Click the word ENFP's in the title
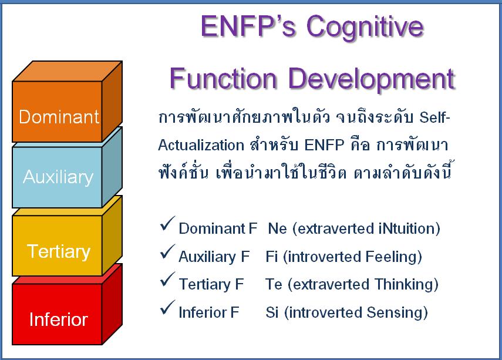coord(248,26)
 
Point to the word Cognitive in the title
coord(365,28)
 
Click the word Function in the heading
coord(223,79)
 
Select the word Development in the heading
coord(372,80)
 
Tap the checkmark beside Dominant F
coord(167,224)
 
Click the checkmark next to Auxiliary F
coord(167,252)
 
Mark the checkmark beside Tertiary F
coord(167,280)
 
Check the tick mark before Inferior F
coord(167,308)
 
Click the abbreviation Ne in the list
coord(277,228)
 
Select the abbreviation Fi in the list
coord(271,257)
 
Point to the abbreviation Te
coord(274,284)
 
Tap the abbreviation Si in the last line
coord(272,312)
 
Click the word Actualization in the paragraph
coord(201,145)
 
